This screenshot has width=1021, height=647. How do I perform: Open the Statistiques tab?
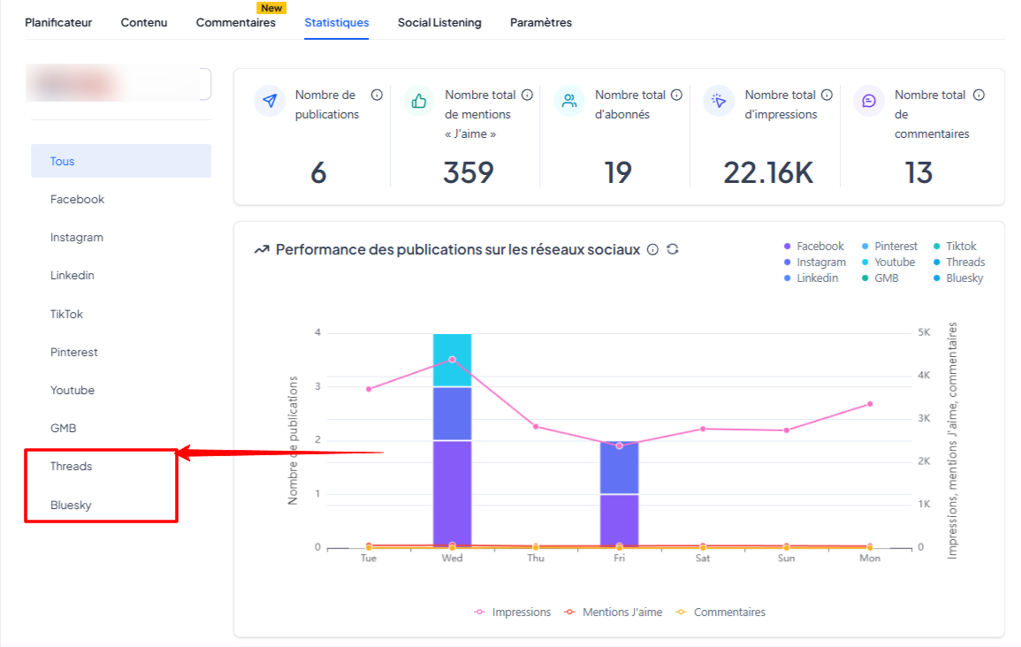click(337, 23)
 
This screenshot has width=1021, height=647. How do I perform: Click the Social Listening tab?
click(439, 23)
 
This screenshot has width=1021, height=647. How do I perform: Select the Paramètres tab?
click(540, 23)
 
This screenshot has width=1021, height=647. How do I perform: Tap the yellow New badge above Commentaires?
click(271, 8)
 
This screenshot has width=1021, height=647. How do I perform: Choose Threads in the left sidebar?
click(71, 466)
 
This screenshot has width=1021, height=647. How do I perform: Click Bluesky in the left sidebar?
click(71, 505)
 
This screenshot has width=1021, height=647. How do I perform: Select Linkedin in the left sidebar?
click(72, 276)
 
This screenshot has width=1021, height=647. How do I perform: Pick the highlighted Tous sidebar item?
click(121, 161)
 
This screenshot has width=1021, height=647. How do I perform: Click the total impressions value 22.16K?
click(768, 173)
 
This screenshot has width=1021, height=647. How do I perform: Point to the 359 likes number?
click(469, 173)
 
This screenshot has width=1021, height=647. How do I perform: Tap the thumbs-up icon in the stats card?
click(419, 101)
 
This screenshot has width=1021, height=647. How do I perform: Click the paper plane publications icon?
click(270, 101)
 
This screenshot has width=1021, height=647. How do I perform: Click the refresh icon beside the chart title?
click(673, 249)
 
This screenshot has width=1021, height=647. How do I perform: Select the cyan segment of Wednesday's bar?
click(452, 360)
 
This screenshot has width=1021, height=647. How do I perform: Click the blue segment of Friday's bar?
click(620, 467)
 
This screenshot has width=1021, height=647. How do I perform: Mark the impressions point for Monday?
click(870, 404)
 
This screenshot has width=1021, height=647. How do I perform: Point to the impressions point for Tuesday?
click(369, 389)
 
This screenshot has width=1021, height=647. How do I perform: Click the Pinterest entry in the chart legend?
click(889, 246)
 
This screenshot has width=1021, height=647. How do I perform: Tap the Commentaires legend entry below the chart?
click(720, 612)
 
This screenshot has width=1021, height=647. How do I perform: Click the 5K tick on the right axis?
click(924, 332)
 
